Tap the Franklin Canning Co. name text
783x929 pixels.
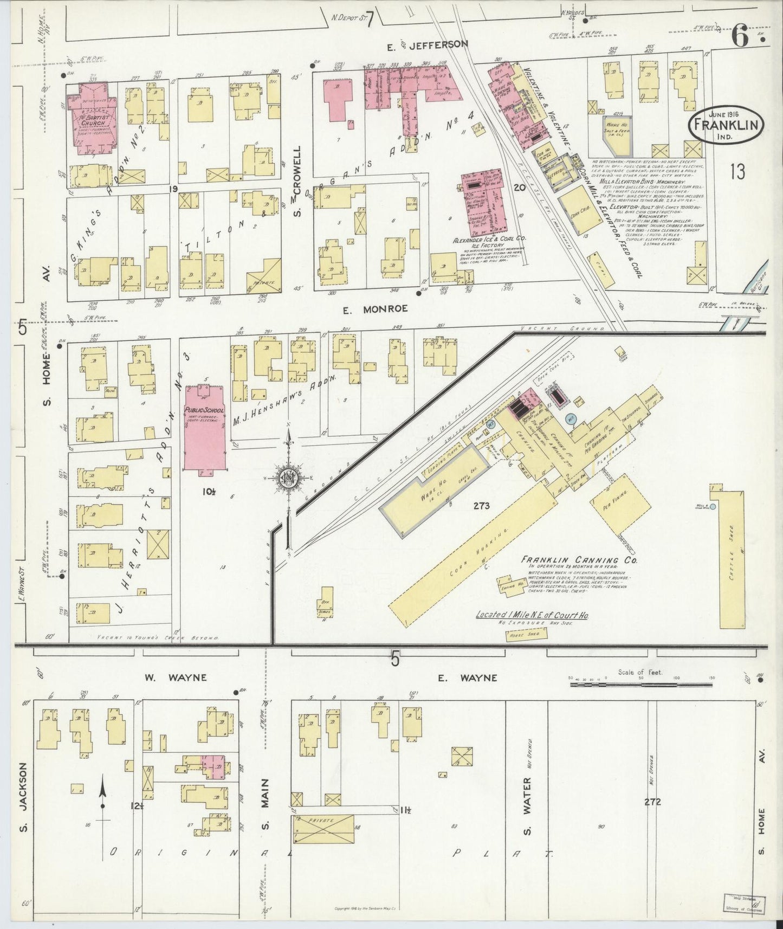[578, 559]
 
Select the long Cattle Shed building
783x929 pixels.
[730, 558]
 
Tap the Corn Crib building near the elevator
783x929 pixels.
[580, 212]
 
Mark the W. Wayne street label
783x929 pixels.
[169, 678]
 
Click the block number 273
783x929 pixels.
[481, 506]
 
